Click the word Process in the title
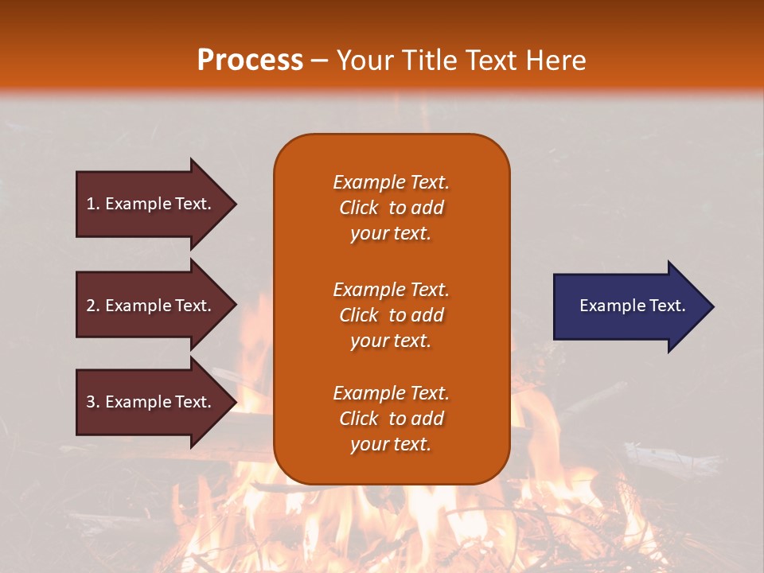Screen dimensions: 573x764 pos(250,60)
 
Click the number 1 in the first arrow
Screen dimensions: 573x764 pos(91,204)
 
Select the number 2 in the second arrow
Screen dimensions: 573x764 pos(91,306)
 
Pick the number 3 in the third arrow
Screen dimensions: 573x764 pos(91,402)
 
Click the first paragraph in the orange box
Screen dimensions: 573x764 pos(391,208)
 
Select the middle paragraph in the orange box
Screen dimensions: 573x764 pos(391,315)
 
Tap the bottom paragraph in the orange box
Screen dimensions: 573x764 pos(391,419)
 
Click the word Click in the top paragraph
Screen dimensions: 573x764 pos(359,208)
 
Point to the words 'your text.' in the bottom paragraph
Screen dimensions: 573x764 pos(391,444)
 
